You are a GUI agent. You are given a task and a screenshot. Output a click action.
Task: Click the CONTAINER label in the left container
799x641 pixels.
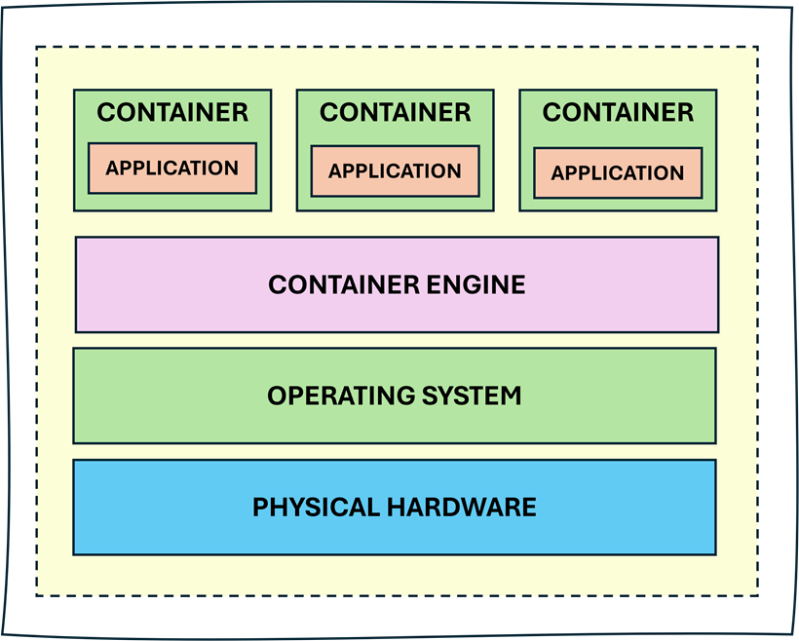pos(172,113)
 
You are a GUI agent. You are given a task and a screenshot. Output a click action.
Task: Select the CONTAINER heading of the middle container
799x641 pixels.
pos(395,113)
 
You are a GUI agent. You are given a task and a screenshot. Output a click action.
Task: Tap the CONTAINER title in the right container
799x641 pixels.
pos(618,113)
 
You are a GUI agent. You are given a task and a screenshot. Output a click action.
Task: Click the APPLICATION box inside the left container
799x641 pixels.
pos(172,169)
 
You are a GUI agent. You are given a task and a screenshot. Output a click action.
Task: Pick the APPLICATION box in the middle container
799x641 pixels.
pos(395,171)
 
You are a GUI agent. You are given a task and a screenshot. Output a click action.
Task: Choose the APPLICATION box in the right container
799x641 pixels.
pos(618,173)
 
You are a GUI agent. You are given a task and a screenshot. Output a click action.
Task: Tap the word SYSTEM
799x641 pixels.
pos(472,396)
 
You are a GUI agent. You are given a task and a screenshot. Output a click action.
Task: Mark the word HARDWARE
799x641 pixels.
pos(462,508)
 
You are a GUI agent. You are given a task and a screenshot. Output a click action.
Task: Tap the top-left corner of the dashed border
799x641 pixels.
pos(37,47)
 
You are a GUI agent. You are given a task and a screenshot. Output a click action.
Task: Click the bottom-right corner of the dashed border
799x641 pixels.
pos(758,595)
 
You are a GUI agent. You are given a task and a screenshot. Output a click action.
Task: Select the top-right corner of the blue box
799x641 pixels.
pos(715,461)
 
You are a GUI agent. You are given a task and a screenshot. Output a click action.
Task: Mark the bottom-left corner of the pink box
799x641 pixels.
pos(76,331)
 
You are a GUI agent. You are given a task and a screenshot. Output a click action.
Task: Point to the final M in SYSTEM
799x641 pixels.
pos(511,396)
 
